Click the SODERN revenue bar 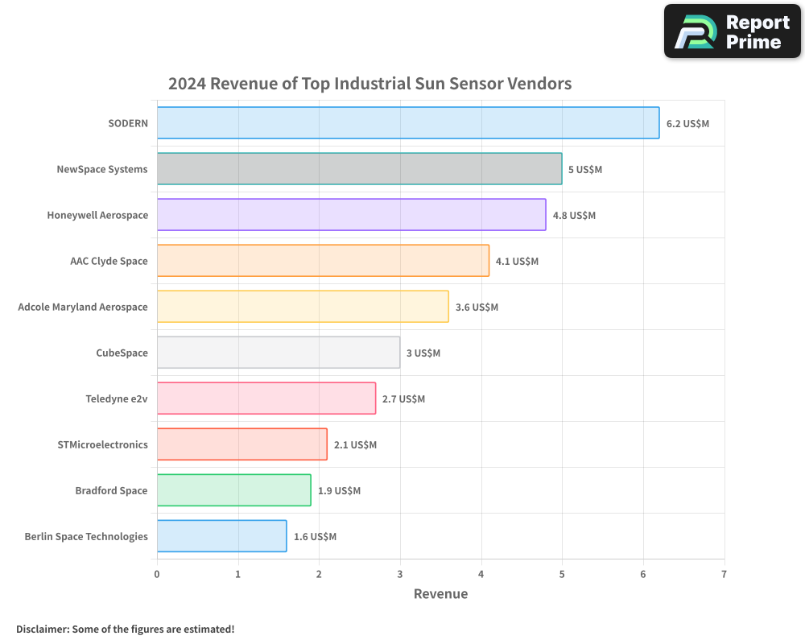408,123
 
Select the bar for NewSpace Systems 359,169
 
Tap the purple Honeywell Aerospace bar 351,215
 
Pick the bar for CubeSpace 279,353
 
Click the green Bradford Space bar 233,490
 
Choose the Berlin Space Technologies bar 221,536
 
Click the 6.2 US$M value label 687,124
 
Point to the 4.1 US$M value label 517,262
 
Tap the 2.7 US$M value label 403,399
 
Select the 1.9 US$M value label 339,491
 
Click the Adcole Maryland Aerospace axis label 83,308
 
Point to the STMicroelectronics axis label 102,445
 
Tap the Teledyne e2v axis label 117,399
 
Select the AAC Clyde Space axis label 109,262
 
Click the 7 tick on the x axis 724,575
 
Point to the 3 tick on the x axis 400,575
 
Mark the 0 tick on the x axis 157,575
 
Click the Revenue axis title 440,594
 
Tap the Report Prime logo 732,31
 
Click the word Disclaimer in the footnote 41,630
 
